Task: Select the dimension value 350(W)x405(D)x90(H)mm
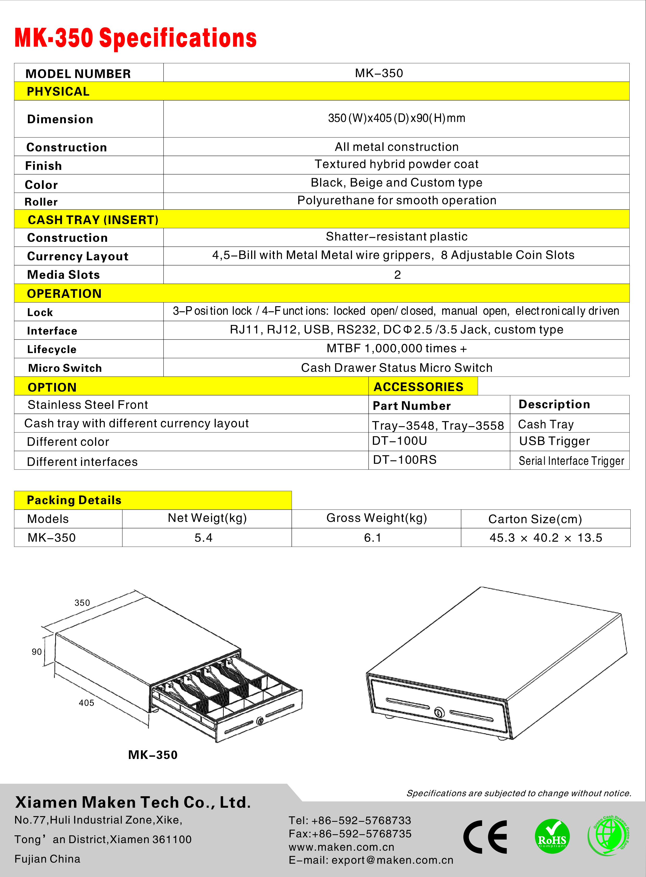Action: click(x=396, y=118)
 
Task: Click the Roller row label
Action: click(x=41, y=202)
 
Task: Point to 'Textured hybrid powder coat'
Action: click(x=396, y=164)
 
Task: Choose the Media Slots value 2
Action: click(x=397, y=275)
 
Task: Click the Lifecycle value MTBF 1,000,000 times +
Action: click(x=396, y=349)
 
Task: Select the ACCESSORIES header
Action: click(x=418, y=387)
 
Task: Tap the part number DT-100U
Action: click(x=399, y=441)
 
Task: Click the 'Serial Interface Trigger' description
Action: click(x=571, y=461)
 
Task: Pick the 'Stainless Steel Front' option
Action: click(x=88, y=405)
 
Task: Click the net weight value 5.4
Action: click(x=203, y=538)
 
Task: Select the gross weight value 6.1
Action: click(x=372, y=538)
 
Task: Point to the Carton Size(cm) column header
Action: click(x=535, y=519)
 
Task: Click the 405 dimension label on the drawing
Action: click(x=86, y=703)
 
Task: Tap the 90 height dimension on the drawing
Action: click(x=37, y=652)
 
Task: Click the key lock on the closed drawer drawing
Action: click(x=439, y=713)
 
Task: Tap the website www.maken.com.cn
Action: click(x=341, y=847)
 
